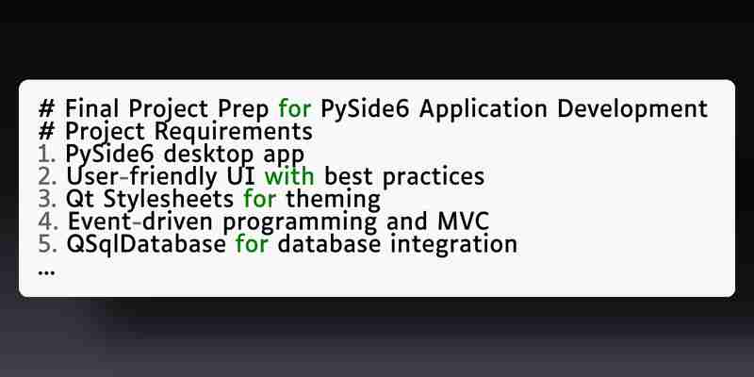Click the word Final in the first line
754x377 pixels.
pos(91,108)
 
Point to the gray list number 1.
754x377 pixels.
pos(47,155)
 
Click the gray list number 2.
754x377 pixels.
pos(48,177)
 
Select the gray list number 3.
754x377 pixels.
pos(48,199)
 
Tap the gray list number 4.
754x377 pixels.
pos(48,221)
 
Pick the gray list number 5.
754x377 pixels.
pos(48,244)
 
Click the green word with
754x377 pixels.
pos(289,176)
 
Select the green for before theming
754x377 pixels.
pos(260,199)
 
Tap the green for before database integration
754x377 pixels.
pos(252,244)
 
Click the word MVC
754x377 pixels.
pos(463,221)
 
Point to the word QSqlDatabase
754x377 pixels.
pos(146,245)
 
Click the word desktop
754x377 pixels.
pos(208,156)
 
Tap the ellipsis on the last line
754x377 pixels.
pos(46,272)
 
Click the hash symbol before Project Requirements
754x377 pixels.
pos(46,131)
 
